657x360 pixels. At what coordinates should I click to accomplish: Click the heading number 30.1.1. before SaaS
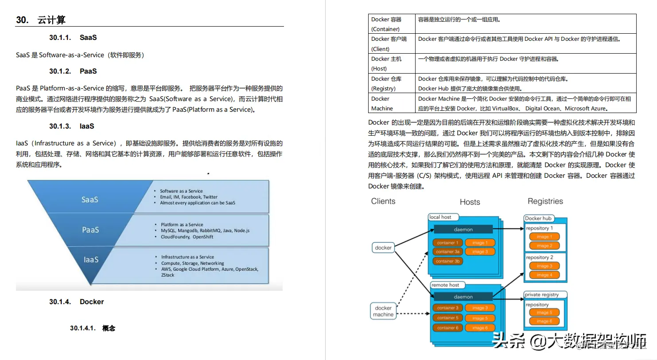[60, 38]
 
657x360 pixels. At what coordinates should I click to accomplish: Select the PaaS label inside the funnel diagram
[90, 230]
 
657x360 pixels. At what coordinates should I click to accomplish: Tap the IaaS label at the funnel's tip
[91, 259]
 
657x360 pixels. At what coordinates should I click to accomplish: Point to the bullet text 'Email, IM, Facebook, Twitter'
[189, 197]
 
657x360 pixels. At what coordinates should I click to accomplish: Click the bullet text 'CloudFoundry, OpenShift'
[187, 237]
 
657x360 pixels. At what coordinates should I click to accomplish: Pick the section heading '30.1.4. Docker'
[76, 301]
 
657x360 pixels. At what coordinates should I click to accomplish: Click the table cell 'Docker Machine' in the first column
[381, 103]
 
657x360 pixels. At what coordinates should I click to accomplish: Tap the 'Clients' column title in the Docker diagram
[383, 201]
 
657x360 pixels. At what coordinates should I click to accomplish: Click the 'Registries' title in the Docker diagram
[545, 201]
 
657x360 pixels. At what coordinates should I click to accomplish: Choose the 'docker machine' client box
[383, 311]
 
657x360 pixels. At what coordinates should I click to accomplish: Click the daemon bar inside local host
[463, 229]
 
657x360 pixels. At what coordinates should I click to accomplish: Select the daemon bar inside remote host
[463, 297]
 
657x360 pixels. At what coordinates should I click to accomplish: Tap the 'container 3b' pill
[447, 261]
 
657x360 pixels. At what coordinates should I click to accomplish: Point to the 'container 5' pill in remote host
[447, 318]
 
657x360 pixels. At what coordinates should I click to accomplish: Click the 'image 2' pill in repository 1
[544, 246]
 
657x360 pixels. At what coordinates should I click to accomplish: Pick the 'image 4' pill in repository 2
[544, 275]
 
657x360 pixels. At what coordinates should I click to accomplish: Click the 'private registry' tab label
[541, 294]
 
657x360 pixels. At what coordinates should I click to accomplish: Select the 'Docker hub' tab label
[538, 218]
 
